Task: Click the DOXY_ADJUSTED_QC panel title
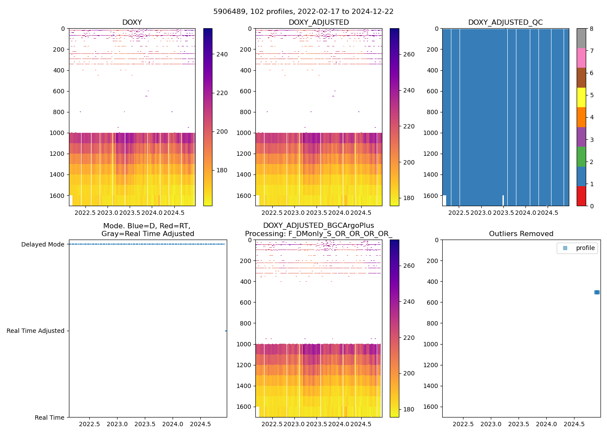[x=505, y=23]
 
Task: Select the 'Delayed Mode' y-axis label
[x=43, y=244]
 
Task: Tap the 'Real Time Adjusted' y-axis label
[x=36, y=331]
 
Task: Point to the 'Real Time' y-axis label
[x=49, y=418]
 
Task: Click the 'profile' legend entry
[x=585, y=248]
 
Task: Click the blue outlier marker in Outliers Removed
[x=597, y=292]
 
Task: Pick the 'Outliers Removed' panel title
[x=521, y=234]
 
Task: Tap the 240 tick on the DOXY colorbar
[x=222, y=54]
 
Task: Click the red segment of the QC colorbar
[x=581, y=196]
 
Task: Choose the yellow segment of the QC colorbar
[x=581, y=97]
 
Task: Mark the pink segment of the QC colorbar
[x=581, y=58]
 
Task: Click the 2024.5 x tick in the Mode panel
[x=200, y=424]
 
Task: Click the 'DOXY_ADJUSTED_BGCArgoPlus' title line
[x=318, y=226]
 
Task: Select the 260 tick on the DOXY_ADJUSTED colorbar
[x=409, y=54]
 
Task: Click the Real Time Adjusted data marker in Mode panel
[x=226, y=331]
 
